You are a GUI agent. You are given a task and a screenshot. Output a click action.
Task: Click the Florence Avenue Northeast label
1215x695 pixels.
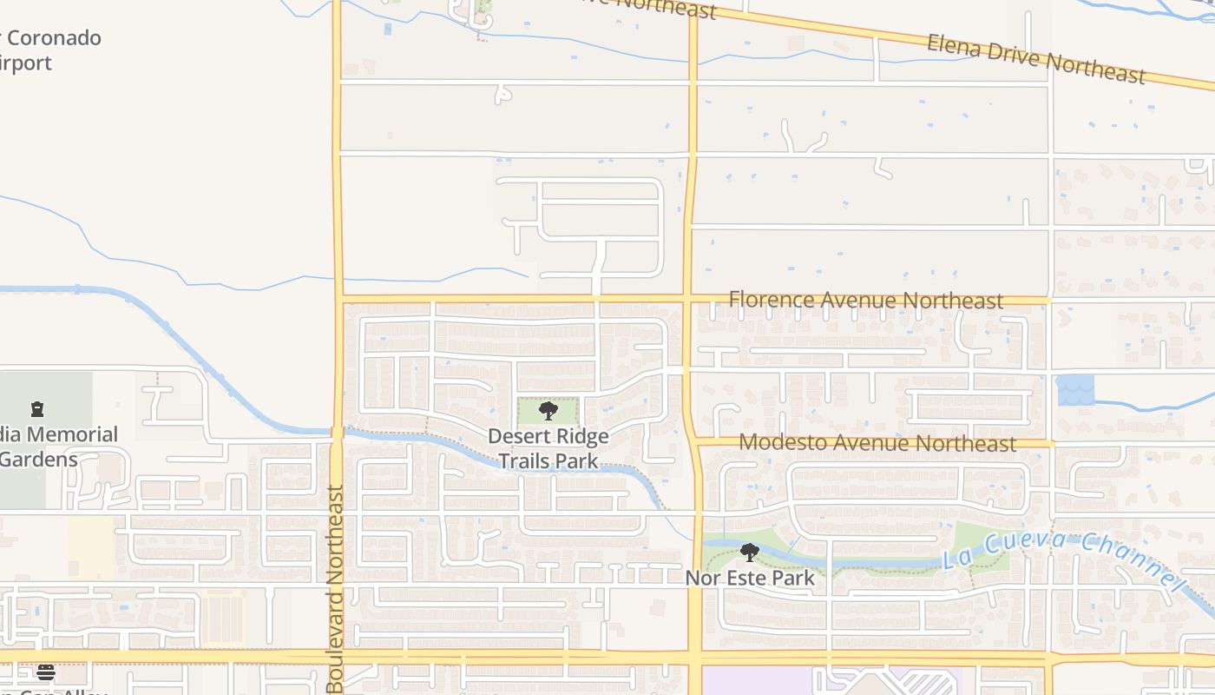coord(865,300)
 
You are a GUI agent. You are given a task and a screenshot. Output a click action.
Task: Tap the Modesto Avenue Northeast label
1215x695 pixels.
coord(877,443)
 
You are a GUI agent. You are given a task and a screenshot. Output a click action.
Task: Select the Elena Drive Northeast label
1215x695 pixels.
coord(1036,58)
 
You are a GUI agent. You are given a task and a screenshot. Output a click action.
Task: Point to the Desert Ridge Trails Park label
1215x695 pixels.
coord(548,448)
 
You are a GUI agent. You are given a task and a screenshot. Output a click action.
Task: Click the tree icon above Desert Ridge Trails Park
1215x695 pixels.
coord(548,411)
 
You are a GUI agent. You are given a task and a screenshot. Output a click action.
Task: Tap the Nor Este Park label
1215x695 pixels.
coord(750,578)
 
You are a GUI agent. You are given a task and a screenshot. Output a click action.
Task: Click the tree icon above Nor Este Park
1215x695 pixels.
coord(750,552)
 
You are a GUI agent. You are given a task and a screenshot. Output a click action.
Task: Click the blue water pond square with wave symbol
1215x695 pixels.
coord(1075,390)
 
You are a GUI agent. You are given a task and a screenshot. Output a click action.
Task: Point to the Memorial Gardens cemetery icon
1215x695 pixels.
coord(37,408)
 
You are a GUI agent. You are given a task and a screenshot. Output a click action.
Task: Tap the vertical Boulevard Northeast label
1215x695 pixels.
coord(336,589)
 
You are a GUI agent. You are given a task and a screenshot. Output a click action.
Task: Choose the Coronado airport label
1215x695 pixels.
coord(52,50)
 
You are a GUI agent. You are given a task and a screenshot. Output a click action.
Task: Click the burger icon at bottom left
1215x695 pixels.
coord(46,672)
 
